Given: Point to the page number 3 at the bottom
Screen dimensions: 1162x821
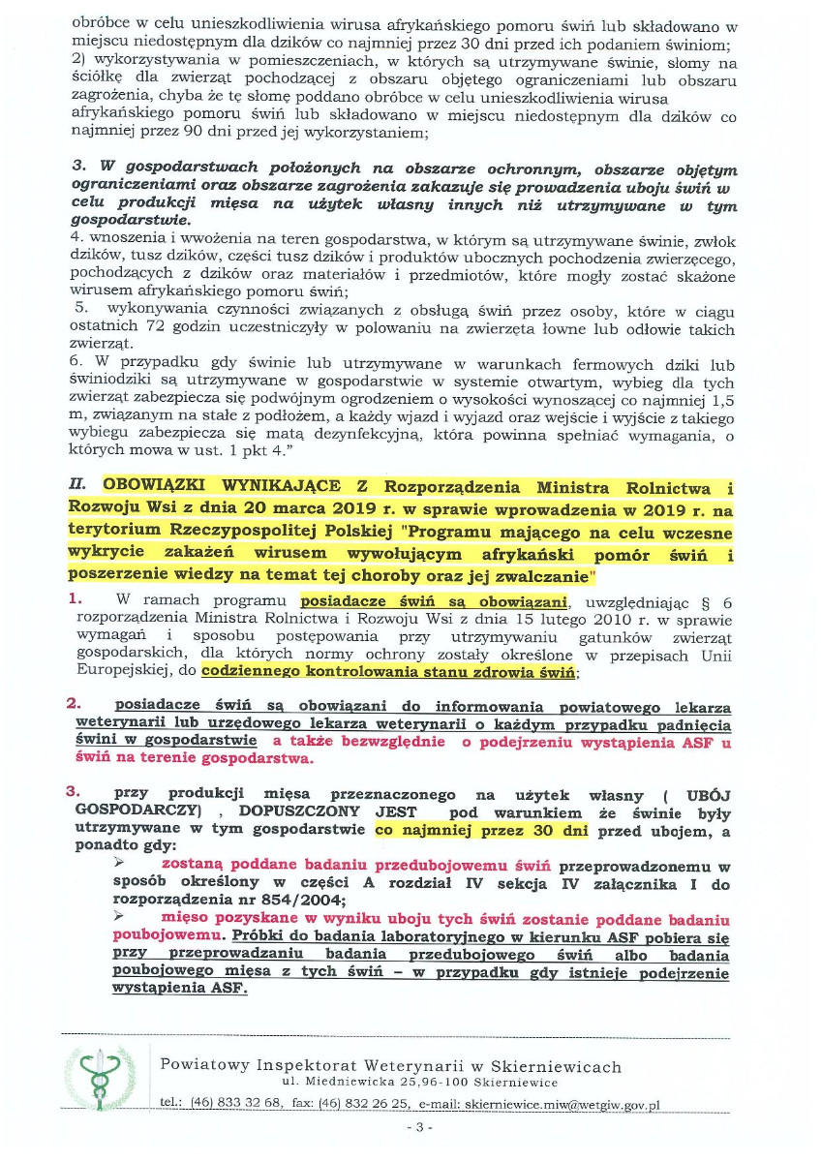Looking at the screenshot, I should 419,1127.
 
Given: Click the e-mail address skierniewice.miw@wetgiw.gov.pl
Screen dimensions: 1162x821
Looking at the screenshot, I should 562,1103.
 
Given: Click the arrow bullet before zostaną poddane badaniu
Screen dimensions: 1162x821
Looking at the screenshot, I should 120,864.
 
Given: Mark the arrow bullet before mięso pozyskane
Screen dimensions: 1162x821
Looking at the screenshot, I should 120,917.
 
